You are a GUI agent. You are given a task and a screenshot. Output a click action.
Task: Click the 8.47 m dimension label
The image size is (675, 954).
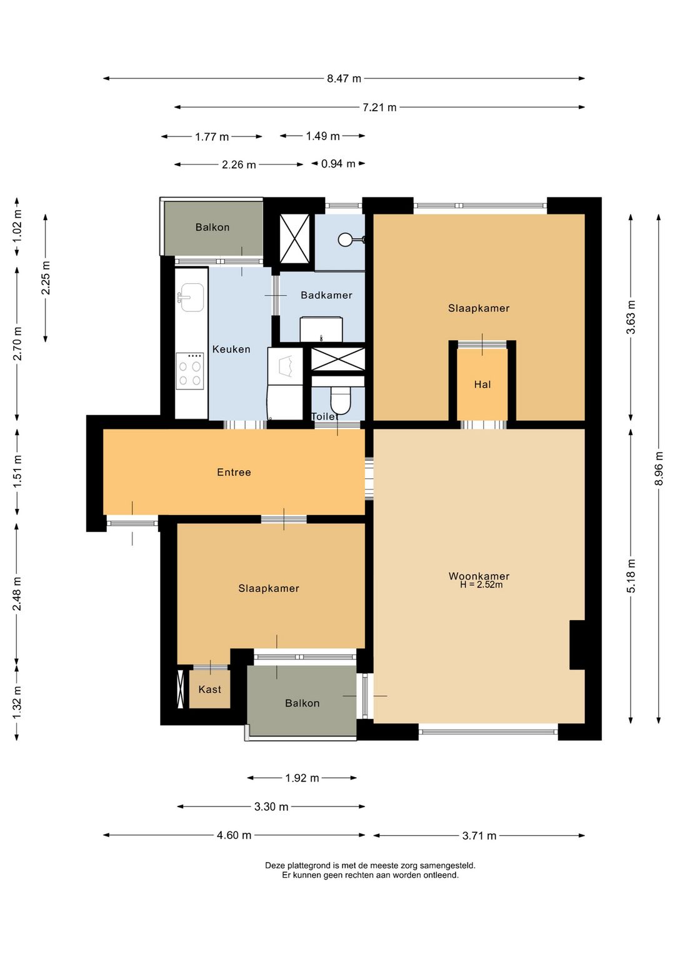pyautogui.click(x=344, y=79)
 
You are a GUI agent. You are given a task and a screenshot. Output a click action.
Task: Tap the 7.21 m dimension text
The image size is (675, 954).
pyautogui.click(x=379, y=108)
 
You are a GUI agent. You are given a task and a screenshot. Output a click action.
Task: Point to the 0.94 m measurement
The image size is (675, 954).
pyautogui.click(x=338, y=164)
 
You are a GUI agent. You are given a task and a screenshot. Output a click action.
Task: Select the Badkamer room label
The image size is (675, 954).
pyautogui.click(x=326, y=295)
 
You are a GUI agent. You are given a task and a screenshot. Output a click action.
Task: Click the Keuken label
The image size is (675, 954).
pyautogui.click(x=231, y=349)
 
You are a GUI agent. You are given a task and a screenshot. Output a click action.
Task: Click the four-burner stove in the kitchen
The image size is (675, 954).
pyautogui.click(x=190, y=371)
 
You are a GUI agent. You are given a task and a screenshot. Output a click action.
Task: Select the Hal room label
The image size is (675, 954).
pyautogui.click(x=482, y=384)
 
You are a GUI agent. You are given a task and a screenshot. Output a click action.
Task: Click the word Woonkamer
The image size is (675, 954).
pyautogui.click(x=479, y=576)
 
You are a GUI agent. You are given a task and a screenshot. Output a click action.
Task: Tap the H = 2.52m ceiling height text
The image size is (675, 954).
pyautogui.click(x=481, y=585)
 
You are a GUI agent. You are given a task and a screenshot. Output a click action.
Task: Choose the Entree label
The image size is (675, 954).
pyautogui.click(x=234, y=473)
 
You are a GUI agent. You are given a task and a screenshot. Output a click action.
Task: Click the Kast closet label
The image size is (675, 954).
pyautogui.click(x=209, y=690)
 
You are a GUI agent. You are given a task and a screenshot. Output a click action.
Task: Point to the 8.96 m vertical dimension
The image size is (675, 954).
pyautogui.click(x=659, y=468)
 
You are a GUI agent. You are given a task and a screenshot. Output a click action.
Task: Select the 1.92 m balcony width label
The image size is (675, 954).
pyautogui.click(x=302, y=778)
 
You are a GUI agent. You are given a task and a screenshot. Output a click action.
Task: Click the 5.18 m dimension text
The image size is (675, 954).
pyautogui.click(x=631, y=576)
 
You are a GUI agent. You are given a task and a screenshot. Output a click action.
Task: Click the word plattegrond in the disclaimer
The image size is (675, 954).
pyautogui.click(x=310, y=865)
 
